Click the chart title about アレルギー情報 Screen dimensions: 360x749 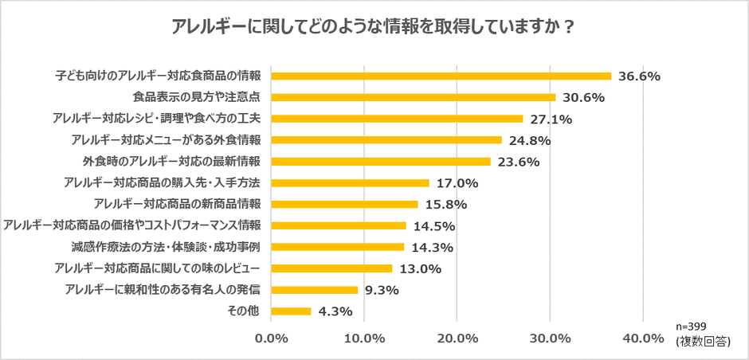pos(374,25)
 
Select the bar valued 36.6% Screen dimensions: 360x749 pos(441,76)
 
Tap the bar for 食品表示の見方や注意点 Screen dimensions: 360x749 pos(414,97)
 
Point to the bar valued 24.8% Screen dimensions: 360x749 pos(386,140)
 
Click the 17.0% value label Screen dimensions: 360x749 pos(457,182)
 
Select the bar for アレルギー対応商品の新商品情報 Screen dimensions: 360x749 pos(345,204)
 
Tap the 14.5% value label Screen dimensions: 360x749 pos(433,225)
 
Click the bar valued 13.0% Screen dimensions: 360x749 pos(332,268)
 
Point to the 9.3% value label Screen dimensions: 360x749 pos(382,290)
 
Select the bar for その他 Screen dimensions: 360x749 pos(292,311)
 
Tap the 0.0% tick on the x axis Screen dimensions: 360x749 pos(272,338)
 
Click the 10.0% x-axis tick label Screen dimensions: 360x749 pos(364,338)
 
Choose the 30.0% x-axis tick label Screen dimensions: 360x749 pos(550,338)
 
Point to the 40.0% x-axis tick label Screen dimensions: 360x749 pos(642,338)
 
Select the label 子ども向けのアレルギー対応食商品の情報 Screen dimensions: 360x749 pos(158,76)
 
